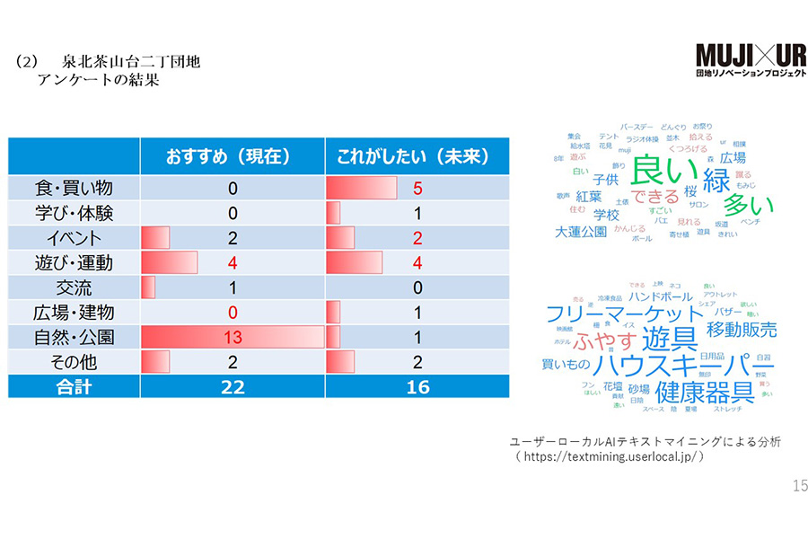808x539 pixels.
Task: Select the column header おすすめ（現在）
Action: (232, 156)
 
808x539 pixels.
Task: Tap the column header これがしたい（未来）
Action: (417, 156)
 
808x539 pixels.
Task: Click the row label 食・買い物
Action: (74, 189)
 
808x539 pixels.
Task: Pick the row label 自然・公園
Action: (74, 338)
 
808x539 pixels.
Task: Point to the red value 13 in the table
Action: (232, 338)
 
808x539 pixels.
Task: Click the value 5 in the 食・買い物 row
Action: (417, 189)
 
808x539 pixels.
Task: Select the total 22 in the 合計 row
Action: (232, 387)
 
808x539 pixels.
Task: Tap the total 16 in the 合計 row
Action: (417, 387)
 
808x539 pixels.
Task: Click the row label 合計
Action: (74, 387)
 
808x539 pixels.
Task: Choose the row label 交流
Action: (74, 288)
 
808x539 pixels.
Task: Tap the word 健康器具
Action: (704, 393)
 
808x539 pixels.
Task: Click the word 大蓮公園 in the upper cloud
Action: (581, 232)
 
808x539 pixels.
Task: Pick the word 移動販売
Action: (742, 330)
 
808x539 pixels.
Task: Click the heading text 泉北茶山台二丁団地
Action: (131, 64)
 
